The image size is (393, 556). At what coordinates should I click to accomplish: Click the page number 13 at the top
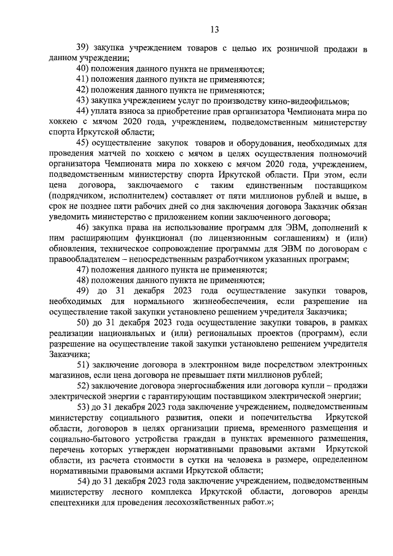[x=214, y=29]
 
